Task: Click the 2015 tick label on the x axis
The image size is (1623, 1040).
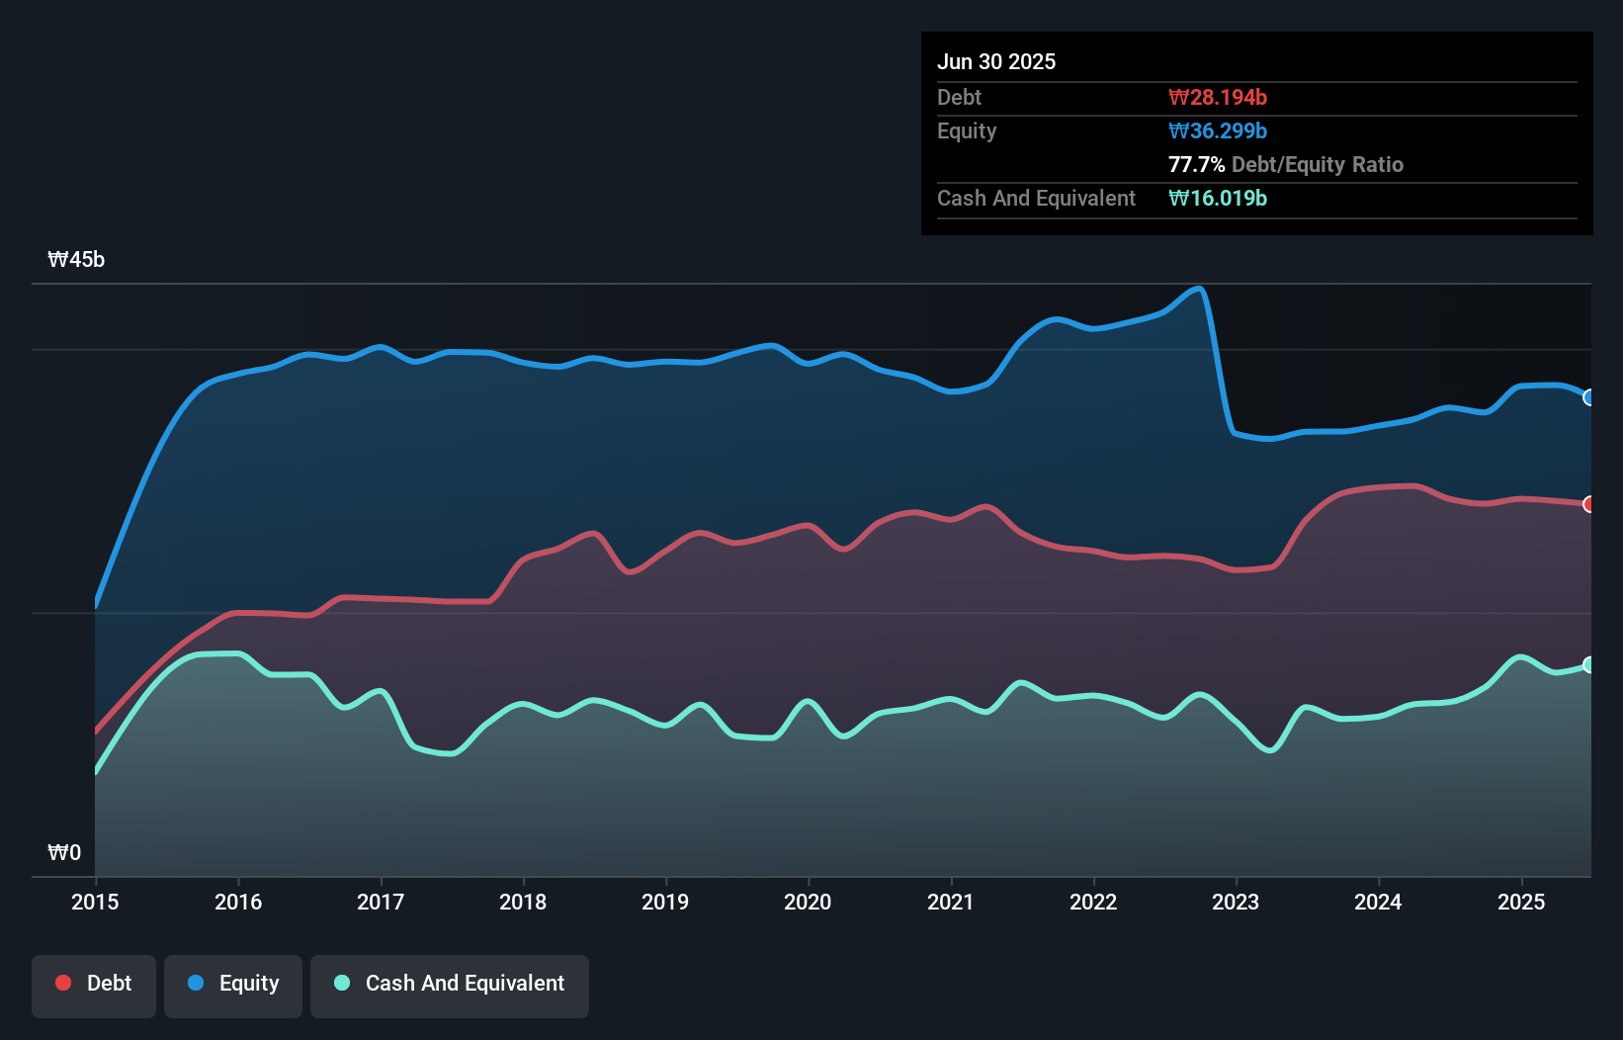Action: coord(95,902)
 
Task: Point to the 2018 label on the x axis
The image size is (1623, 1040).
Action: coord(523,902)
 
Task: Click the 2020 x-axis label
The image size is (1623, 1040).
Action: coord(808,902)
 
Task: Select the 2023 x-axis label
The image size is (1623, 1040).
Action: coord(1236,902)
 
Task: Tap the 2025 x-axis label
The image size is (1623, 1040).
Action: coord(1520,902)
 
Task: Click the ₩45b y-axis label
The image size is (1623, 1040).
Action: coord(76,260)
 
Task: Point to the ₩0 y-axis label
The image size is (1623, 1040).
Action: coord(64,853)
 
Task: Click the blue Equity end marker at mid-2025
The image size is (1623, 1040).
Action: coord(1589,397)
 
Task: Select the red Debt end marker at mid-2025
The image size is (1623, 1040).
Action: coord(1589,504)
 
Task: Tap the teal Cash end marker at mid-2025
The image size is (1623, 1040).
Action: coord(1589,665)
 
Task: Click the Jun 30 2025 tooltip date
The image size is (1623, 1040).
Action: coord(996,61)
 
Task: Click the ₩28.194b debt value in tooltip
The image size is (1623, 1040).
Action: coord(1217,97)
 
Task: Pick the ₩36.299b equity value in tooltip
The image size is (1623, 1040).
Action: coord(1217,130)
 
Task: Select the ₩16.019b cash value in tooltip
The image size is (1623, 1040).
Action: coord(1217,198)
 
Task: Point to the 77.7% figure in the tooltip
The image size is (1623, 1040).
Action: coord(1196,164)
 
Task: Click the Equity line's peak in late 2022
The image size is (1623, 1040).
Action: coord(1198,289)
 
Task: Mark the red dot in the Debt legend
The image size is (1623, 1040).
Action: coord(63,983)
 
